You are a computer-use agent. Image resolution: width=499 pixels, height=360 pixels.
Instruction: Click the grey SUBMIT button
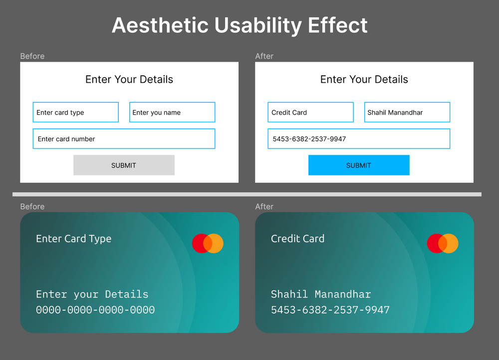124,165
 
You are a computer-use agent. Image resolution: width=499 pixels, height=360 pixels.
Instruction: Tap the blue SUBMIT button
359,165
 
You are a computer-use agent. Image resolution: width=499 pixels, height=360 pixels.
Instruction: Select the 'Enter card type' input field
75,112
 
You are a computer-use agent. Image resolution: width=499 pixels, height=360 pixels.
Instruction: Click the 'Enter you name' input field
172,112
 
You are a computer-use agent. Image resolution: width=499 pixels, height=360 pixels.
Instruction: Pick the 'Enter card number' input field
124,139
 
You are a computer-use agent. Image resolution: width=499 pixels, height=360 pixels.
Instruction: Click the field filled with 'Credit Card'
310,112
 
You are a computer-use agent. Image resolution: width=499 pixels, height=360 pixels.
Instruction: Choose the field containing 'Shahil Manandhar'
407,112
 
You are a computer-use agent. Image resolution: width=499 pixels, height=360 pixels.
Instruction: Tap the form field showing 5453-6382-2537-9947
359,139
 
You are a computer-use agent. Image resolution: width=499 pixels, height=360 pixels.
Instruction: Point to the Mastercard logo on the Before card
208,243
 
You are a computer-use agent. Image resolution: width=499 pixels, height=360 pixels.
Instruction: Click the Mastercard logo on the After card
443,243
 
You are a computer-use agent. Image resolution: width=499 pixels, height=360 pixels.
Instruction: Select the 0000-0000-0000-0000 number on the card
95,310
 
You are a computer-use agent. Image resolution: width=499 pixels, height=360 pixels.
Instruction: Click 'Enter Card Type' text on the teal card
73,239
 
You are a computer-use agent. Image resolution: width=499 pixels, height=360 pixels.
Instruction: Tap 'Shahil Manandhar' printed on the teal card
321,294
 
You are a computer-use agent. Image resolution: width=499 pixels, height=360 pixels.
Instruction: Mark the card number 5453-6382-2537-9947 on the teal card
330,310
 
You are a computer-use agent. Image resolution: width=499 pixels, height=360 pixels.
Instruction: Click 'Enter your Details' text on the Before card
92,294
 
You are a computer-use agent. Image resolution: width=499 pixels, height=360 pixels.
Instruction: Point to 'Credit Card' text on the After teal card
297,239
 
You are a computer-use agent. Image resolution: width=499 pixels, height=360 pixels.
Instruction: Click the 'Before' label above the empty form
32,56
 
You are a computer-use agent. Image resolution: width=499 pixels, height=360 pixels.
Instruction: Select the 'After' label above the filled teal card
264,206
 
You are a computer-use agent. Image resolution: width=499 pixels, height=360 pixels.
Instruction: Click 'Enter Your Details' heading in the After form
364,79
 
